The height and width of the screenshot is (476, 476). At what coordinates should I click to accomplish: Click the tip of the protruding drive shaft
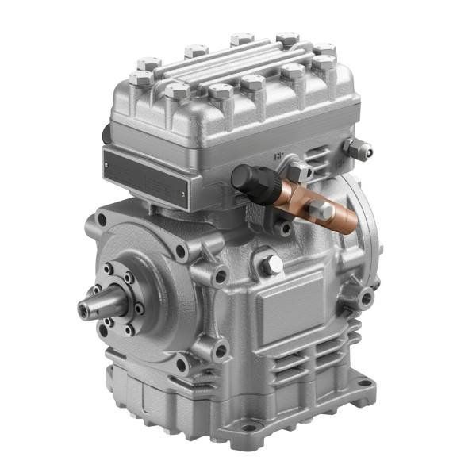[x=82, y=307]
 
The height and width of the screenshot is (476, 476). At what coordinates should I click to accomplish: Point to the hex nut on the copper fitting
[x=321, y=209]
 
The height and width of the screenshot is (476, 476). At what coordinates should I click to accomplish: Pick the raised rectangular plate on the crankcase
[x=290, y=305]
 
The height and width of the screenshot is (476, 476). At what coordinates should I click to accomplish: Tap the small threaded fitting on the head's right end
[x=359, y=148]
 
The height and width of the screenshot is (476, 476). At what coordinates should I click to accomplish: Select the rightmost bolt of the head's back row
[x=324, y=48]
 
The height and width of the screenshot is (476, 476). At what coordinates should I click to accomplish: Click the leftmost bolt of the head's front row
[x=140, y=78]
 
